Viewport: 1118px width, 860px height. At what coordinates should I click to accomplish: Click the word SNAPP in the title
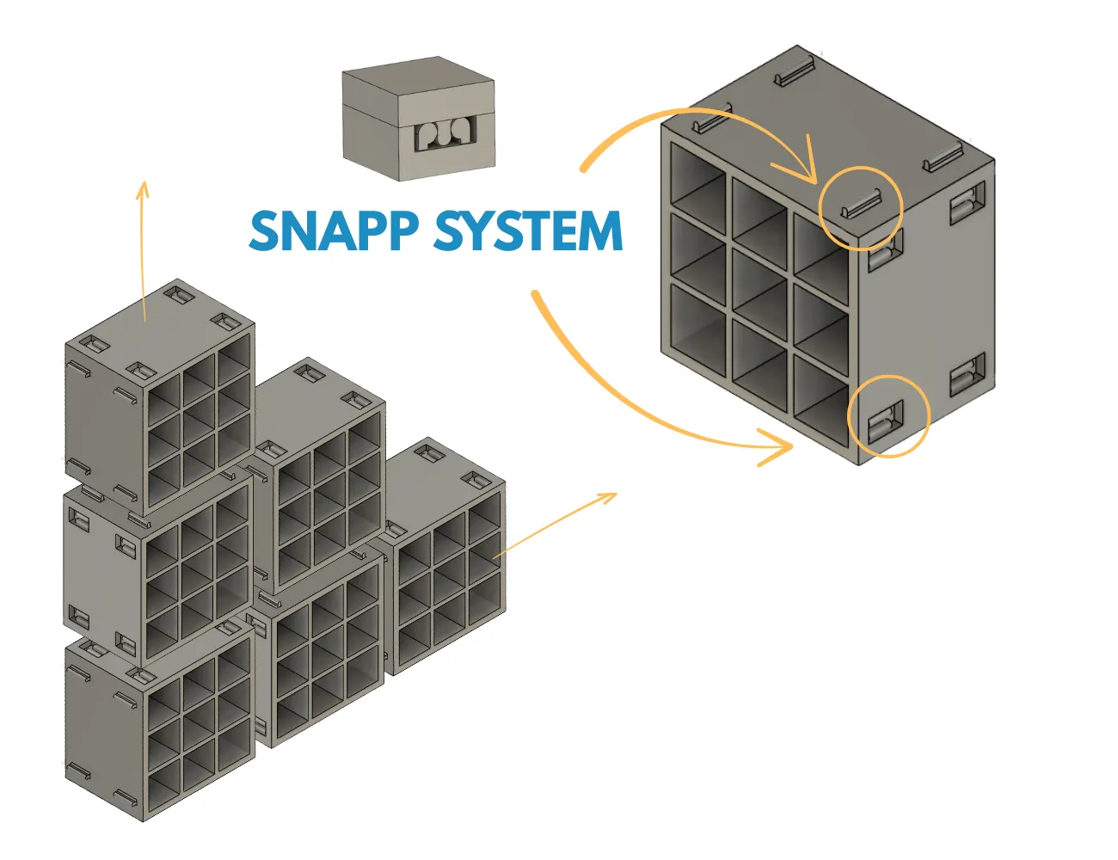333,230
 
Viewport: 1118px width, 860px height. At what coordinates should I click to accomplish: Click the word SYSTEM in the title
529,230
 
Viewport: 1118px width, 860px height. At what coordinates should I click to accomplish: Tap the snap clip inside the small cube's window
445,134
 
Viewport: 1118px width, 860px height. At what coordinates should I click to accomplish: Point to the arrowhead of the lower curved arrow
777,446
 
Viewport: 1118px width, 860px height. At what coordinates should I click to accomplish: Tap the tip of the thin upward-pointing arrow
144,181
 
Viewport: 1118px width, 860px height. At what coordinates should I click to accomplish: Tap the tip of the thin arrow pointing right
617,494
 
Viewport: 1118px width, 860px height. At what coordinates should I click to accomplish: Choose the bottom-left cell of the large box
698,329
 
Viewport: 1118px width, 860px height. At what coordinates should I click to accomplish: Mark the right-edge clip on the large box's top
943,157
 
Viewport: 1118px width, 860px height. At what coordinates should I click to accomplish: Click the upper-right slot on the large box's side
967,203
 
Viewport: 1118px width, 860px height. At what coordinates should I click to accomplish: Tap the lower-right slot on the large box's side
967,374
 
